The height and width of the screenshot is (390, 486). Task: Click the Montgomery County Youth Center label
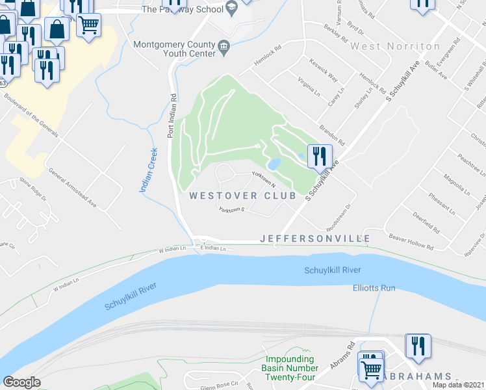tap(173, 49)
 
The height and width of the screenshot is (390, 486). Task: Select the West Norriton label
tap(396, 47)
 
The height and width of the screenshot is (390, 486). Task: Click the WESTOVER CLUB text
tap(243, 196)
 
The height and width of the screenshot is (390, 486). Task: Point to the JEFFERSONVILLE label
tap(315, 239)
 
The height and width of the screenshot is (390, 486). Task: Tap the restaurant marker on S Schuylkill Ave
tap(319, 156)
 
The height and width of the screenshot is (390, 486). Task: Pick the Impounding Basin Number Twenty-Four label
tap(290, 368)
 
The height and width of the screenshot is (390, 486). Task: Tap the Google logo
tap(22, 382)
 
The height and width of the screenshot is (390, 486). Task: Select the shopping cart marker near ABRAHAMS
tap(371, 368)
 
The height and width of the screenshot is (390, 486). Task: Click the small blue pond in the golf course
tap(274, 163)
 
